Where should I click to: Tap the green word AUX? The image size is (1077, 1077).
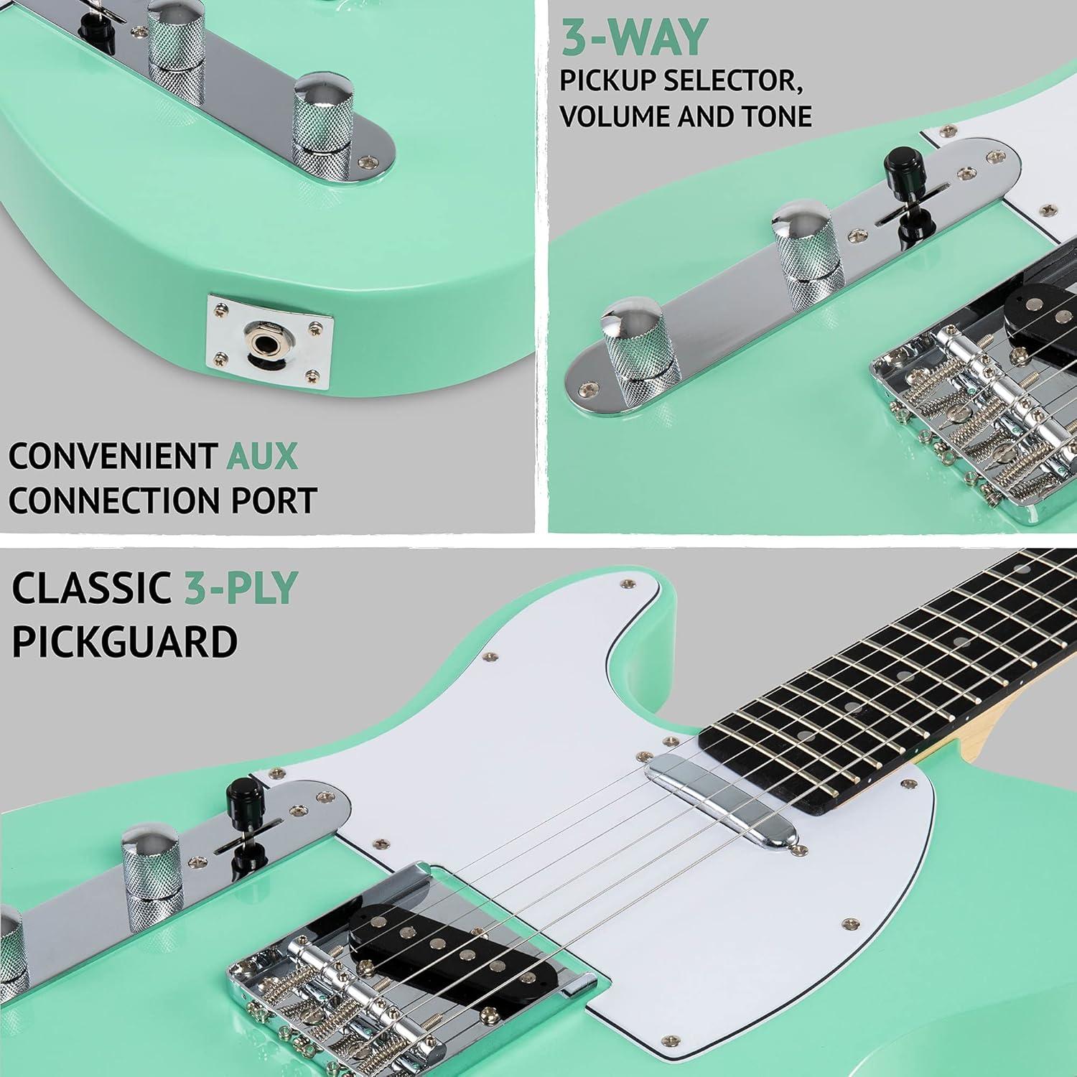262,456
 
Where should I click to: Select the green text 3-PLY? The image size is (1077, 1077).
240,589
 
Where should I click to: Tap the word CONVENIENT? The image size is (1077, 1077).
113,457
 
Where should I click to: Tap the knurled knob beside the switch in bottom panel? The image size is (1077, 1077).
152,862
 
